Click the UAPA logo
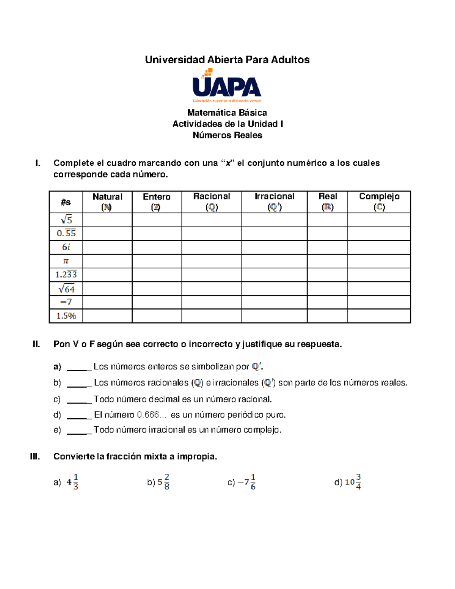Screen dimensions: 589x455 [x=227, y=86]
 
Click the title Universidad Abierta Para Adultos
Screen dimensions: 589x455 [x=227, y=60]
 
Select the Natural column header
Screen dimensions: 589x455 [x=107, y=202]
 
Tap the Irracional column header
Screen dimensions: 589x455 [x=274, y=202]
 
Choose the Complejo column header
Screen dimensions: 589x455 [x=379, y=202]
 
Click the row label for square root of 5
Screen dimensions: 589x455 [x=66, y=220]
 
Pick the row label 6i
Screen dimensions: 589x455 [x=66, y=247]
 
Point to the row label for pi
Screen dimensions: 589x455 [x=66, y=261]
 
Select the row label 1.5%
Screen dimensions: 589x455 [x=66, y=316]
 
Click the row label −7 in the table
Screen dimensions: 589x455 [x=66, y=302]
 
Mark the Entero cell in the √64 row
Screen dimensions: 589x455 [x=157, y=289]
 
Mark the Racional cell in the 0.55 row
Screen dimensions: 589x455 [x=211, y=233]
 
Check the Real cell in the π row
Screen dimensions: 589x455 [x=327, y=261]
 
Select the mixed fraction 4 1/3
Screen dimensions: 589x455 [x=72, y=482]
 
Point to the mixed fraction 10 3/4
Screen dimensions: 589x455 [x=353, y=482]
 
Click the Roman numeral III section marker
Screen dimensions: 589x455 [x=35, y=457]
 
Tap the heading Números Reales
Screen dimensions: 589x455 [x=227, y=135]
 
